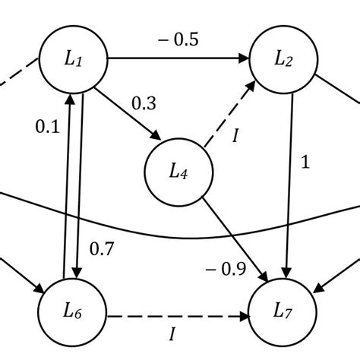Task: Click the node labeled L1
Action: pos(74,59)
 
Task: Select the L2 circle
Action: pos(284,59)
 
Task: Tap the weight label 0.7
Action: pos(102,248)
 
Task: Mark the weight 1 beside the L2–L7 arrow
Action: pos(306,163)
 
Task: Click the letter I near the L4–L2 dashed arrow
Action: pos(235,135)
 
